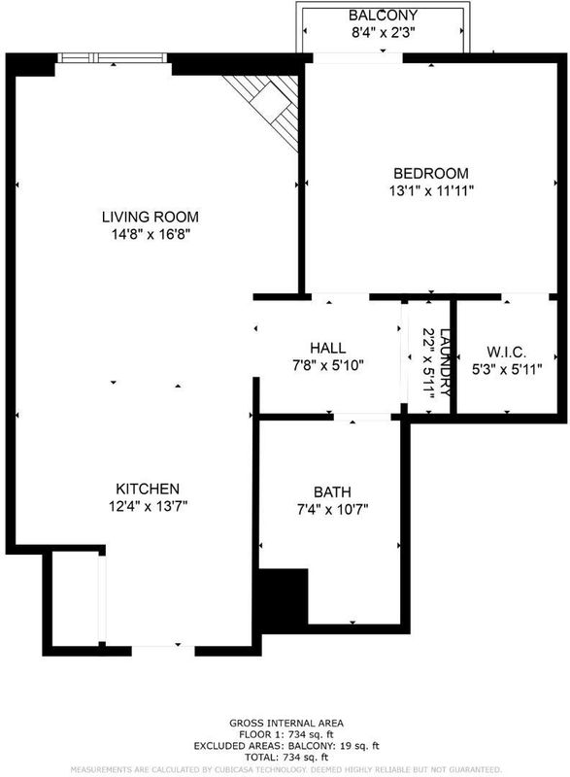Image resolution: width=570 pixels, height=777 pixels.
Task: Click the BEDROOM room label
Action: pyautogui.click(x=431, y=174)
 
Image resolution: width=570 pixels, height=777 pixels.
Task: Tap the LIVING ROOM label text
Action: pyautogui.click(x=151, y=217)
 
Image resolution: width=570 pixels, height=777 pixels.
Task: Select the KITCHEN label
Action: pyautogui.click(x=148, y=490)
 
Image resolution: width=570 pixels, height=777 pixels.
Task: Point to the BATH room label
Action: pyautogui.click(x=332, y=492)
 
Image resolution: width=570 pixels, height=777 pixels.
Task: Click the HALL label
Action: pyautogui.click(x=328, y=348)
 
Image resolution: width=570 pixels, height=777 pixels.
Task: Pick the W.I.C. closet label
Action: pyautogui.click(x=506, y=353)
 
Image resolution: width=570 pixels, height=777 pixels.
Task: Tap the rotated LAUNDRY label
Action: pyautogui.click(x=445, y=362)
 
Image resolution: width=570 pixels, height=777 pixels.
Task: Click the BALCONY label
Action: pyautogui.click(x=383, y=16)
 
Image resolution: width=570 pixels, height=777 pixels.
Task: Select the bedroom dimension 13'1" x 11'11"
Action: pyautogui.click(x=431, y=190)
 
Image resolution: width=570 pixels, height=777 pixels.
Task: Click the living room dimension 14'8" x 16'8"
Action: pyautogui.click(x=151, y=234)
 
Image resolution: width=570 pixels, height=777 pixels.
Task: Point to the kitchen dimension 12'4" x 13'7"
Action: pyautogui.click(x=148, y=506)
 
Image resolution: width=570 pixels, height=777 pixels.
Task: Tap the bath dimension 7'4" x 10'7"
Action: pyautogui.click(x=333, y=509)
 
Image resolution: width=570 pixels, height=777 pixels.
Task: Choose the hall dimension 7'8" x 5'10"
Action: pyautogui.click(x=328, y=366)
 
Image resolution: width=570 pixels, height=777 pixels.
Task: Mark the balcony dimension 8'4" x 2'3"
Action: pyautogui.click(x=383, y=33)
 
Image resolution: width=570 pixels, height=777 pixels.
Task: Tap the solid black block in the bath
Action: pyautogui.click(x=284, y=600)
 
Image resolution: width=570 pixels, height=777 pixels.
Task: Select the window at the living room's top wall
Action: pyautogui.click(x=113, y=58)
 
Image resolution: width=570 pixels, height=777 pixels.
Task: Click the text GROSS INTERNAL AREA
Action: pyautogui.click(x=286, y=724)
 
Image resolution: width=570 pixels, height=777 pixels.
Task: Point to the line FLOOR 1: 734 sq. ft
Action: pyautogui.click(x=286, y=735)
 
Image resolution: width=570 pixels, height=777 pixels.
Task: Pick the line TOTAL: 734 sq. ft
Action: pyautogui.click(x=286, y=758)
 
